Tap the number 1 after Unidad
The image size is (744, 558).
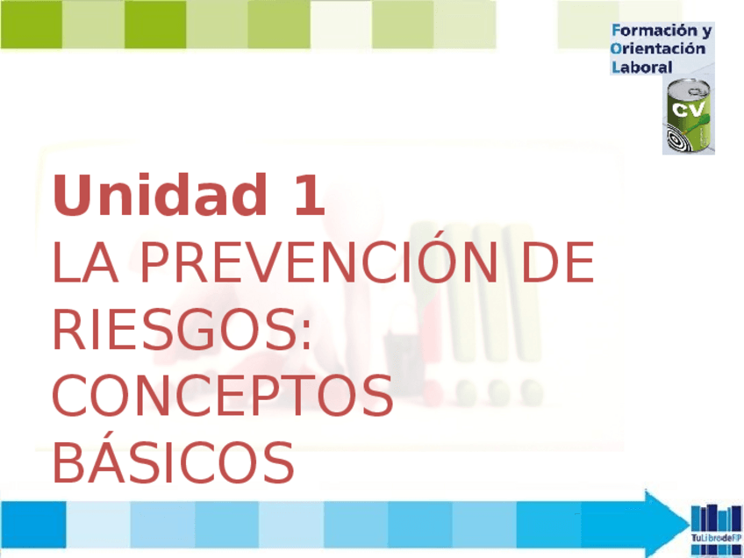(x=309, y=196)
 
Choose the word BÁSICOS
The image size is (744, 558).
(x=173, y=462)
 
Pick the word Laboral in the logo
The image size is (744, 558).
(x=641, y=67)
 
